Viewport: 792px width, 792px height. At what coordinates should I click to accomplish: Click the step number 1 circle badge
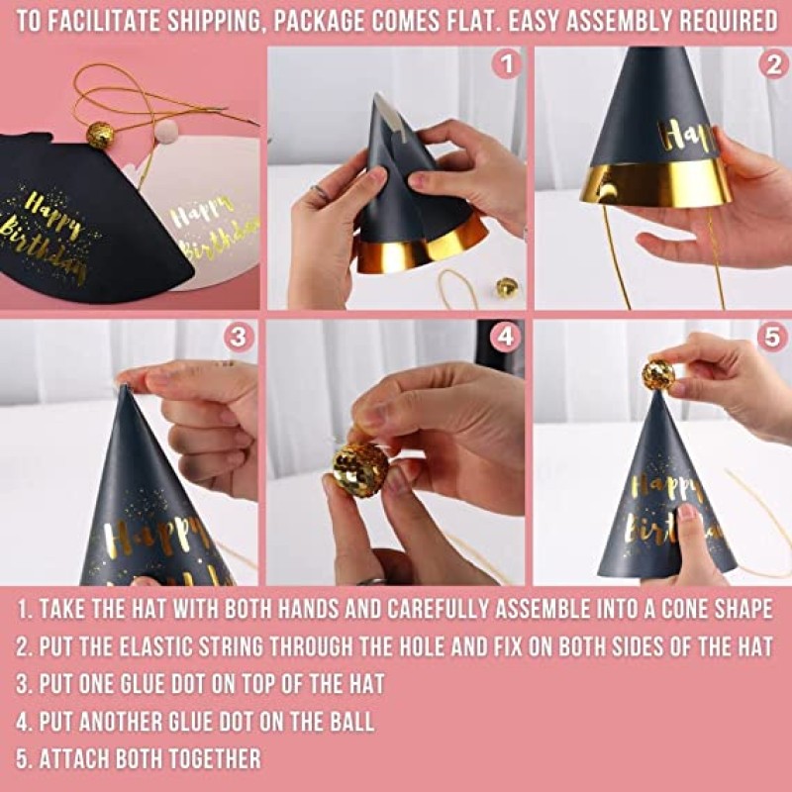(507, 66)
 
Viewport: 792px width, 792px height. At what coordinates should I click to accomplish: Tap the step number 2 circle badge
(772, 66)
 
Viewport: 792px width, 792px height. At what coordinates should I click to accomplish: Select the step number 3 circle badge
(238, 337)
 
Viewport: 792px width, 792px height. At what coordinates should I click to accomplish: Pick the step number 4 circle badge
(506, 337)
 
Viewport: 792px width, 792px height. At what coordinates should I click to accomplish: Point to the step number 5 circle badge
(772, 337)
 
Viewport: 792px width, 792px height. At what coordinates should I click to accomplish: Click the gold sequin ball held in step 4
(359, 468)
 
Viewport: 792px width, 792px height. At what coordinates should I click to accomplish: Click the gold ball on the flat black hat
(100, 135)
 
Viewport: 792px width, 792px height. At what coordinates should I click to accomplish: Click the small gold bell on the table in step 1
(507, 287)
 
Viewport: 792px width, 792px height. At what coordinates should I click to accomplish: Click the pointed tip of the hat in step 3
(124, 387)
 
